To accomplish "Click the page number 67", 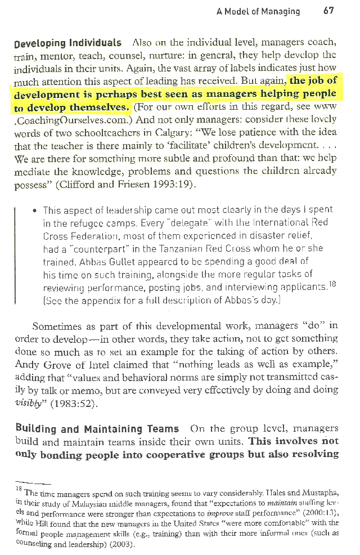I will pyautogui.click(x=330, y=11).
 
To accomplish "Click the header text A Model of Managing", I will pyautogui.click(x=258, y=11).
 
